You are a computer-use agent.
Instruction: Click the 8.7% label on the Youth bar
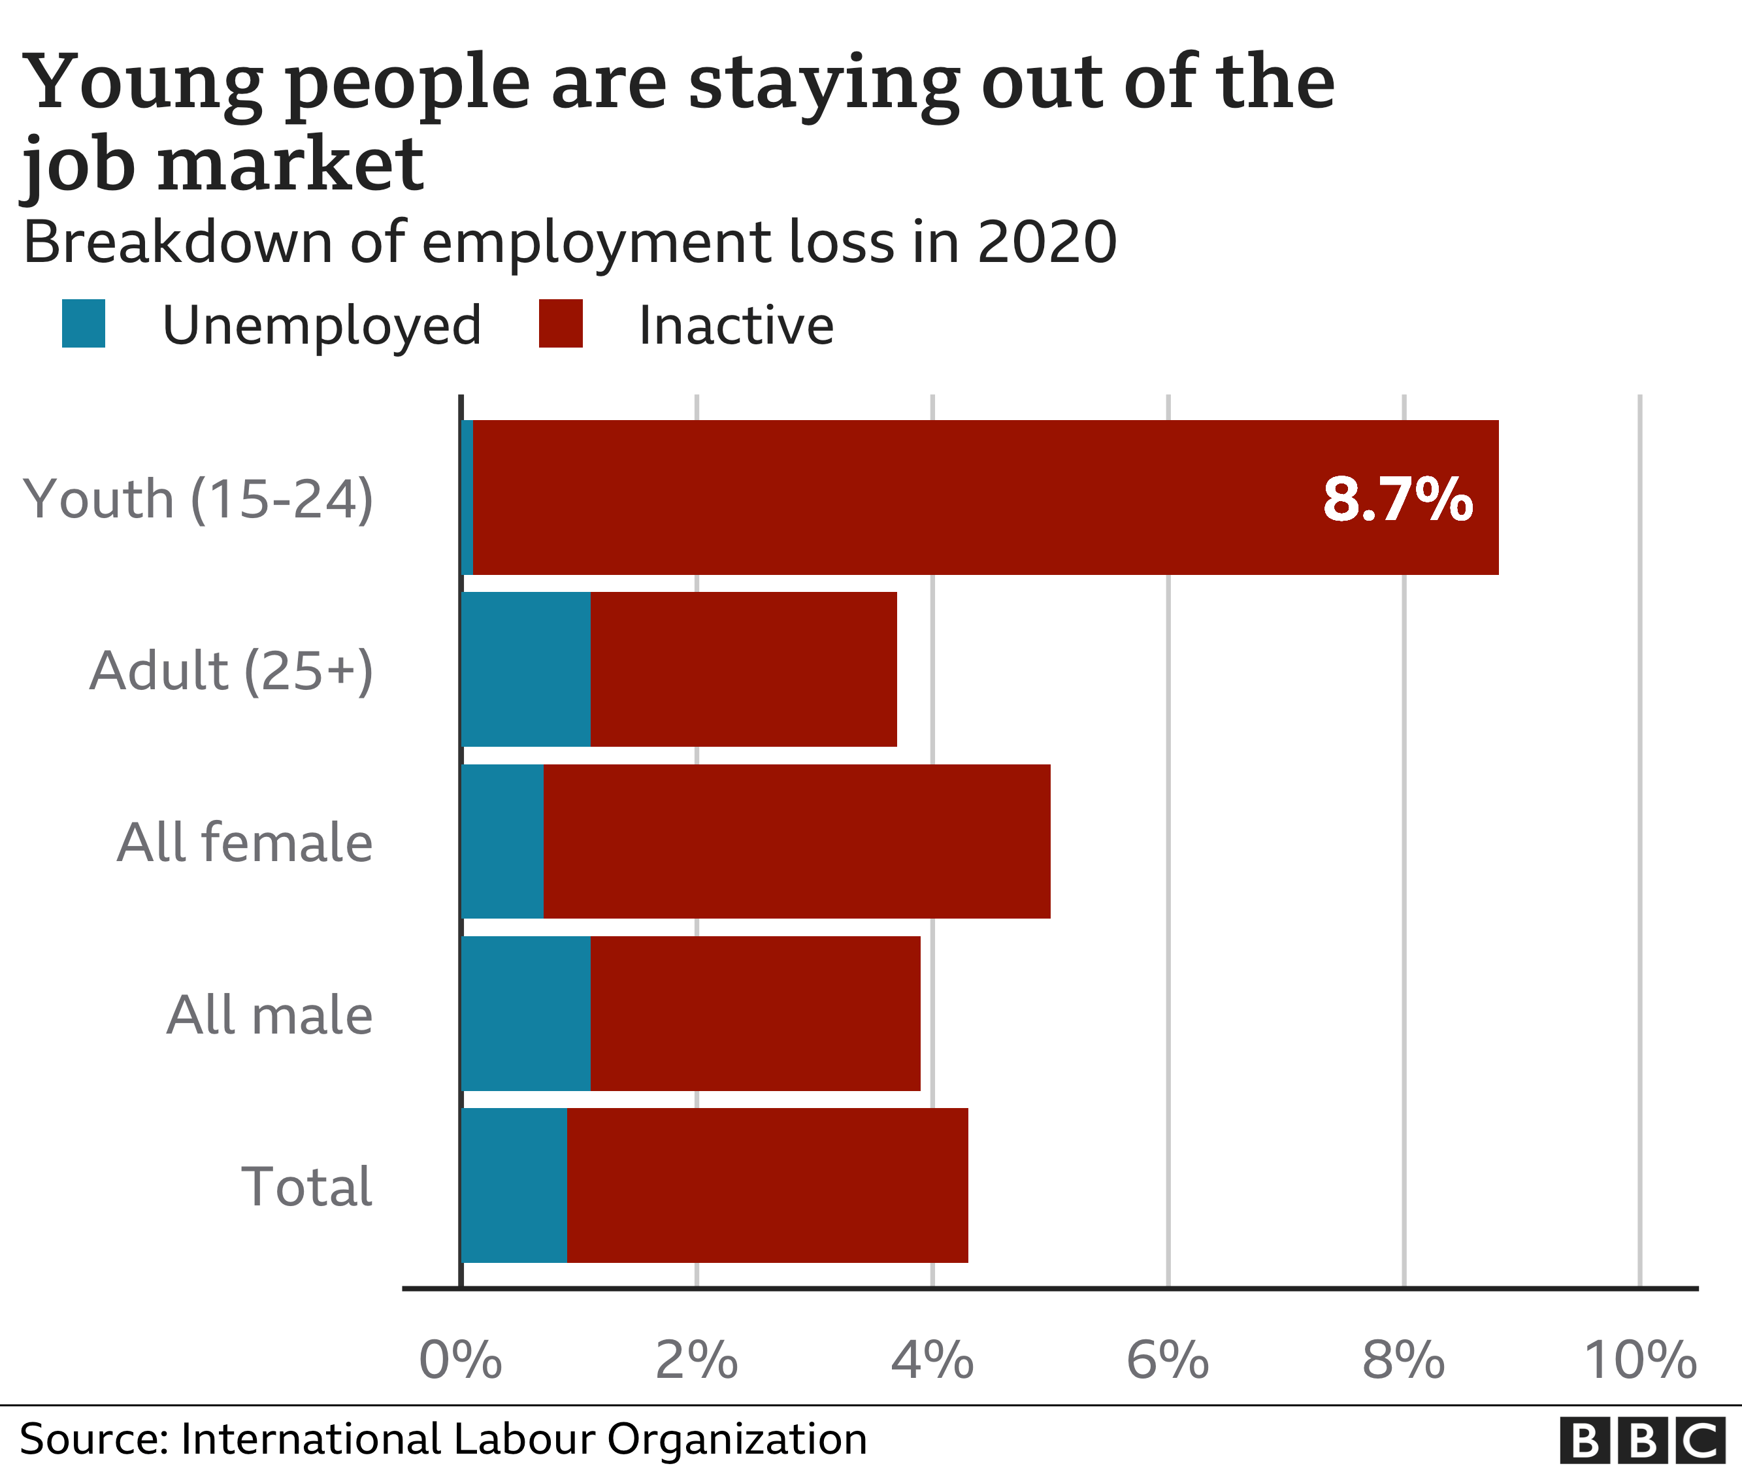(x=1397, y=499)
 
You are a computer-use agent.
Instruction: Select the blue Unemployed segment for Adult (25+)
(x=526, y=669)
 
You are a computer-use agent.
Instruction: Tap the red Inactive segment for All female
(x=796, y=841)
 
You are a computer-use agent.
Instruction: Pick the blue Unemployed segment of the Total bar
(x=514, y=1185)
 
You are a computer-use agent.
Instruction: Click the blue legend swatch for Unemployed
(x=84, y=323)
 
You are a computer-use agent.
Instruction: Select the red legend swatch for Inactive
(x=560, y=323)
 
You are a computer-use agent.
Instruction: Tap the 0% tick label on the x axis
(x=460, y=1361)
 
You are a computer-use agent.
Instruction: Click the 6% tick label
(x=1167, y=1361)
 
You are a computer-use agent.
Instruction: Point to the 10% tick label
(x=1639, y=1361)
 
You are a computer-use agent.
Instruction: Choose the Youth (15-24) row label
(x=199, y=499)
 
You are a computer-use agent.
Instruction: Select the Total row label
(x=306, y=1186)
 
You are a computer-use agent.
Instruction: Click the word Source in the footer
(x=91, y=1439)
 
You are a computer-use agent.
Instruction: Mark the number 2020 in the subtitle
(x=1046, y=242)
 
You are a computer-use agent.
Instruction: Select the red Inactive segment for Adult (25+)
(x=744, y=669)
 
